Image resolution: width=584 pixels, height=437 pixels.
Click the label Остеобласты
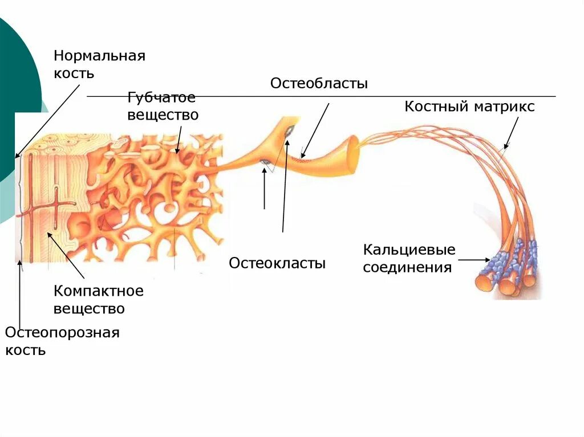pyautogui.click(x=319, y=84)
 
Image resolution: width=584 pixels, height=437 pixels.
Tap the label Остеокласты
pyautogui.click(x=277, y=263)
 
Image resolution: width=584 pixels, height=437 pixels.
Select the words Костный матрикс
pyautogui.click(x=469, y=107)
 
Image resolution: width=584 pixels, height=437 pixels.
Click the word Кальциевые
pyautogui.click(x=409, y=250)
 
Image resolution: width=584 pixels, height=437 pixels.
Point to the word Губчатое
pyautogui.click(x=161, y=98)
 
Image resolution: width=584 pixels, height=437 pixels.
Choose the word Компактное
pyautogui.click(x=99, y=291)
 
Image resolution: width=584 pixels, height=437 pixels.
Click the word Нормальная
pyautogui.click(x=100, y=56)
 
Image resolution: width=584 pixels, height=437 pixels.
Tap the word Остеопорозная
pyautogui.click(x=62, y=333)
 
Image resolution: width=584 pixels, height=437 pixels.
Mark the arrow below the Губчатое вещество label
pyautogui.click(x=179, y=140)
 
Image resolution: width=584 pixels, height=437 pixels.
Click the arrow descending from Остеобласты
pyautogui.click(x=316, y=130)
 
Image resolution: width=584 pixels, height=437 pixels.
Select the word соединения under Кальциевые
pyautogui.click(x=407, y=267)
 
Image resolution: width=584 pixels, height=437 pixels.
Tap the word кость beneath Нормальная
pyautogui.click(x=74, y=73)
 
